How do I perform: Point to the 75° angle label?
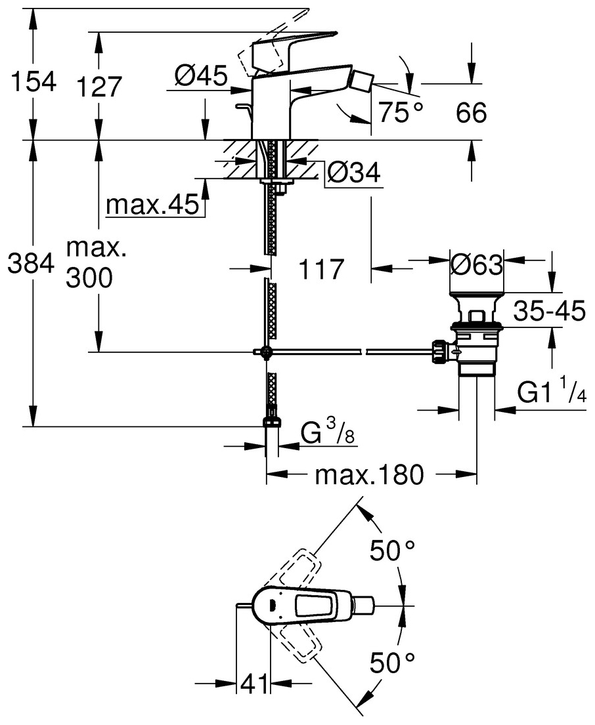point(400,113)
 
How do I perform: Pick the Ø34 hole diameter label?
point(353,173)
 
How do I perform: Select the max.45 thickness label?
point(152,205)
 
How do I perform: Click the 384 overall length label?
point(30,265)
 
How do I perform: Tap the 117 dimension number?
point(321,269)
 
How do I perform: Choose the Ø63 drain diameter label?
point(476,266)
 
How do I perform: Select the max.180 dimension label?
point(369,474)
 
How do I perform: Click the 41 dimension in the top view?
point(253,684)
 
